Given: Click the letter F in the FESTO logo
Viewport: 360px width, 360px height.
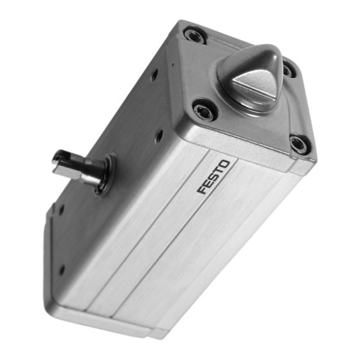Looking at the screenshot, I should [202, 190].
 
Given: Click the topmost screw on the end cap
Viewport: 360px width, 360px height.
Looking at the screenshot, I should [194, 34].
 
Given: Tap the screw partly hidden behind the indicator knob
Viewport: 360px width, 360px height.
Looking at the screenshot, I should [290, 70].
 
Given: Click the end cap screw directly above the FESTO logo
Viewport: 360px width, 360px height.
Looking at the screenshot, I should [204, 111].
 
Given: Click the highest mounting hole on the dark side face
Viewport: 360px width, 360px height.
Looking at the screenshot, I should [154, 75].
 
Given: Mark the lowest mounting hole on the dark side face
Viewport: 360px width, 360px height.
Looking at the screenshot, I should [61, 270].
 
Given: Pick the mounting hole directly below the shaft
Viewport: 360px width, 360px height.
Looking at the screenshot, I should [62, 209].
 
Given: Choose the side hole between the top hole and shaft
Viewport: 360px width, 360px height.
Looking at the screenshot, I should [158, 136].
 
